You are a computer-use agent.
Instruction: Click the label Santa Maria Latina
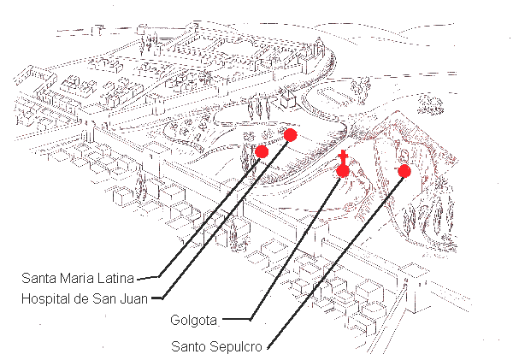pyautogui.click(x=78, y=278)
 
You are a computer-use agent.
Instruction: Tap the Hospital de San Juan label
pyautogui.click(x=85, y=298)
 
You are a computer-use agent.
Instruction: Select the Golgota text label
pyautogui.click(x=194, y=320)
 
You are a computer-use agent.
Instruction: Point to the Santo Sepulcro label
pyautogui.click(x=216, y=346)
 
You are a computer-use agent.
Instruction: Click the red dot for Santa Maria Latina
pyautogui.click(x=262, y=151)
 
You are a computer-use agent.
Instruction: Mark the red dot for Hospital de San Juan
pyautogui.click(x=290, y=135)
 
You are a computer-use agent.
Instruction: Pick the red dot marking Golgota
pyautogui.click(x=343, y=171)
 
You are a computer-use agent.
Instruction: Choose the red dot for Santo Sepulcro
pyautogui.click(x=404, y=171)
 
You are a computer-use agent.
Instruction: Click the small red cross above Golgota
pyautogui.click(x=343, y=156)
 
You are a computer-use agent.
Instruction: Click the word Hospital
pyautogui.click(x=45, y=298)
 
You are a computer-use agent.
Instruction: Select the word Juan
pyautogui.click(x=134, y=298)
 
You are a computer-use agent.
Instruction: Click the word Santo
pyautogui.click(x=188, y=346)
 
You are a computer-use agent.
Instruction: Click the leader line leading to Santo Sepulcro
pyautogui.click(x=334, y=262)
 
